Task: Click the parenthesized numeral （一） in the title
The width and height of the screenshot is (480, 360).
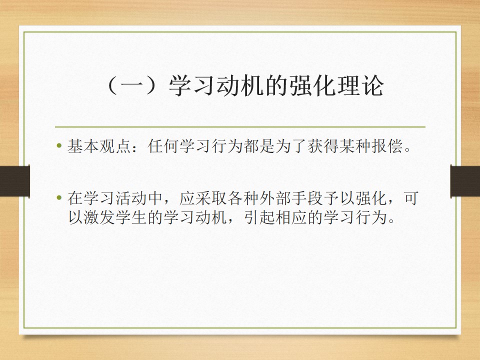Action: [x=135, y=85]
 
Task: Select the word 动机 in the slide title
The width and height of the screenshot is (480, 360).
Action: [x=240, y=85]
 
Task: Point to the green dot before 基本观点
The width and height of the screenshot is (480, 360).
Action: [x=59, y=145]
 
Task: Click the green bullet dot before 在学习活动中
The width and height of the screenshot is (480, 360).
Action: [x=59, y=198]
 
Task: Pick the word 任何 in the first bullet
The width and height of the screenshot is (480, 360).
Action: [x=163, y=145]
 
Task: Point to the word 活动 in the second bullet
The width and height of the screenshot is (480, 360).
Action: [x=131, y=198]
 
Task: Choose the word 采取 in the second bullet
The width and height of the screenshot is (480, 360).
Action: [x=211, y=198]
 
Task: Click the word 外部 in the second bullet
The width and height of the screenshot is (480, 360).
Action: [x=275, y=198]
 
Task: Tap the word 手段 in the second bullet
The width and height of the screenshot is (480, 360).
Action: [x=307, y=198]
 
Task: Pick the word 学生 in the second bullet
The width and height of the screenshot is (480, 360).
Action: [x=131, y=217]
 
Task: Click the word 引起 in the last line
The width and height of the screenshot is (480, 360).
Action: [x=259, y=217]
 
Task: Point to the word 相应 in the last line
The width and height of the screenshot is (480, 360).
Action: [x=291, y=217]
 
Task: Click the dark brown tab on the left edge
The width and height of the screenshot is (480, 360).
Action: [x=15, y=181]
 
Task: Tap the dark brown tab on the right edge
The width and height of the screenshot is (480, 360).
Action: [x=465, y=181]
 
